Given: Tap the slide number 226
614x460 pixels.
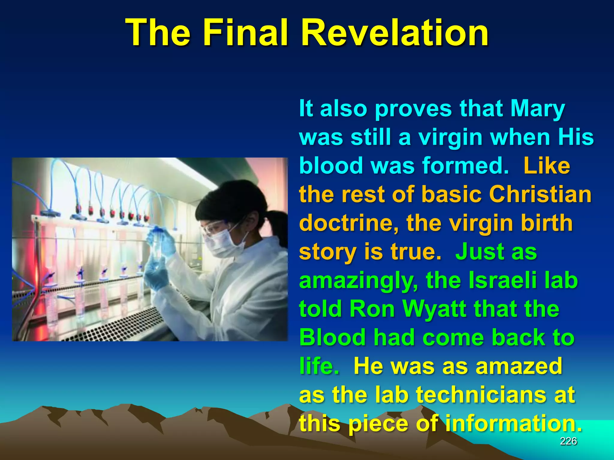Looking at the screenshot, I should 568,441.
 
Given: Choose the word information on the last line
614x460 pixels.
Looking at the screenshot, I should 513,423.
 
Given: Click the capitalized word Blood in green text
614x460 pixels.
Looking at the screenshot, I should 332,337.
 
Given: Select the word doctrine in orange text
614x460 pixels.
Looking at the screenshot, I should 349,223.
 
